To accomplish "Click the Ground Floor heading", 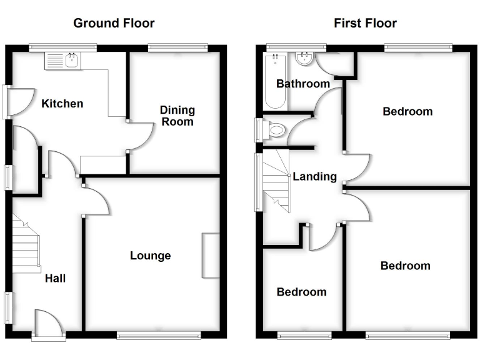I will [114, 24].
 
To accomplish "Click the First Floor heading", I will [365, 24].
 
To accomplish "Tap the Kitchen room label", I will [62, 104].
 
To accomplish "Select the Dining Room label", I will [178, 116].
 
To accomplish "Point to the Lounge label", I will [150, 256].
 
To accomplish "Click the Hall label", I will [55, 278].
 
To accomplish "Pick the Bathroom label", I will [303, 84].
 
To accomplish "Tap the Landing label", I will [314, 177].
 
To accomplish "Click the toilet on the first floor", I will [275, 131].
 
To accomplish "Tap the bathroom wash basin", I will [305, 59].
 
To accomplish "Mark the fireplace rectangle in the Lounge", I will [211, 256].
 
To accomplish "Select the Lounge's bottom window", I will [159, 336].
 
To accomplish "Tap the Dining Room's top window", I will [178, 46].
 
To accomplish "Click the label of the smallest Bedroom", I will [301, 292].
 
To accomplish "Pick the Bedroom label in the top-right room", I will [407, 112].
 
